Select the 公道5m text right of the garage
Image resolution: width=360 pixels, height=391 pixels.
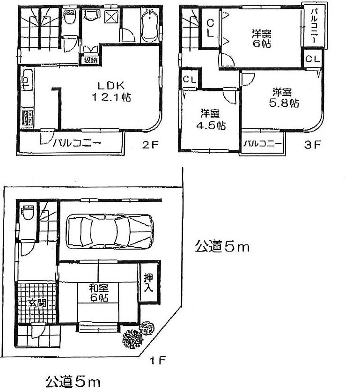[x=222, y=247]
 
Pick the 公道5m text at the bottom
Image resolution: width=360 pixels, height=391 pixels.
[x=73, y=382]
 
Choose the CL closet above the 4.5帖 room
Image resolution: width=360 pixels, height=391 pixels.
[x=190, y=79]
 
